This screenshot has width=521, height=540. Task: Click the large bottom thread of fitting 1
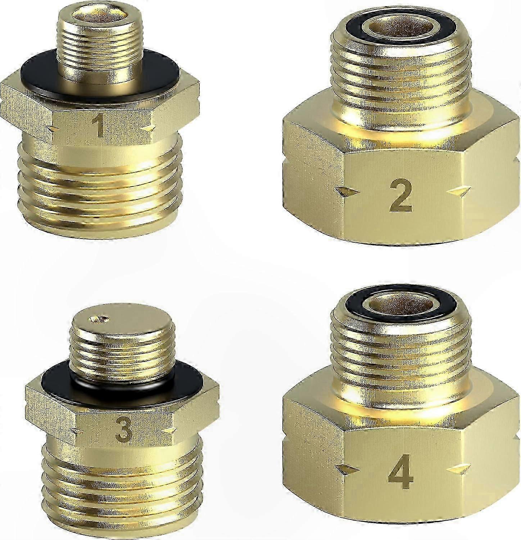[x=99, y=180]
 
